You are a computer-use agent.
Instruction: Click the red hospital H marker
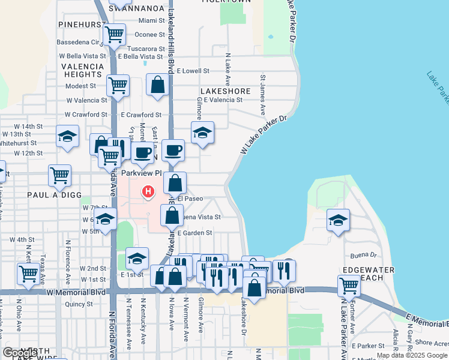tap(148, 192)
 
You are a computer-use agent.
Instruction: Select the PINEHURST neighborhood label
tap(82, 24)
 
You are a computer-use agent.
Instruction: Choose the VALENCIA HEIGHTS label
tap(82, 70)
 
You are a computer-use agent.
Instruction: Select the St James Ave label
tap(263, 95)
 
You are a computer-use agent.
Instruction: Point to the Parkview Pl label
tap(142, 173)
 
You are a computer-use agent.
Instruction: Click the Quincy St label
tap(79, 304)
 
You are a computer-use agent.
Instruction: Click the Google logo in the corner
tap(20, 352)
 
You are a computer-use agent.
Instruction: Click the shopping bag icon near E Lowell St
tap(157, 86)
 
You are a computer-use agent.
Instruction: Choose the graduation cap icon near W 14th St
tap(67, 136)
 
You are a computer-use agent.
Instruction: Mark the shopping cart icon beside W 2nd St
tap(29, 274)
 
